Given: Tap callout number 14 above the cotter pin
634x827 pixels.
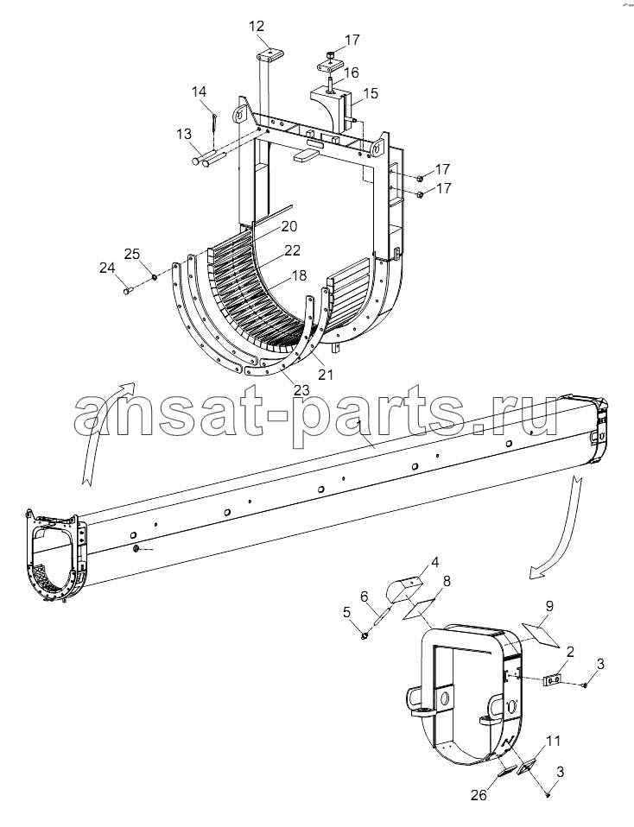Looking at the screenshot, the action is (199, 92).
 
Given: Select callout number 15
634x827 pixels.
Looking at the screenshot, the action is (371, 93).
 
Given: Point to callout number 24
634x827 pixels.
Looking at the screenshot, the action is (107, 268).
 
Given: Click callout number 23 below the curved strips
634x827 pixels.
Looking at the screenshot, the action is (301, 391).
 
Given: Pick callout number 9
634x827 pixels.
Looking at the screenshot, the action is (549, 607).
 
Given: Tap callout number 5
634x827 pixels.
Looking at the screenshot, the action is (346, 612).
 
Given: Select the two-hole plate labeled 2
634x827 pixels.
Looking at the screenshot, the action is (552, 681).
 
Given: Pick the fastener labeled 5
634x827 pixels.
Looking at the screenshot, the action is (364, 638).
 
